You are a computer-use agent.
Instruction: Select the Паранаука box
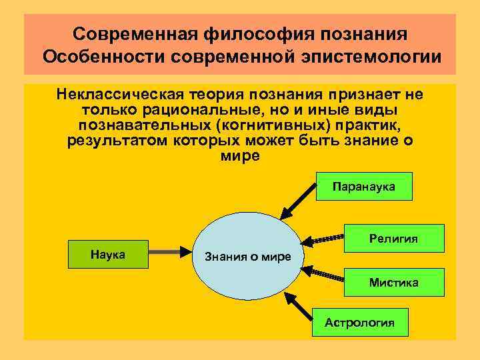coord(364,187)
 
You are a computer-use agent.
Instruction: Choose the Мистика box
coord(394,283)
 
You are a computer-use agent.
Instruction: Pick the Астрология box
coord(360,323)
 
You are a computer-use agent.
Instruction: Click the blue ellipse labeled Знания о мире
coord(247,255)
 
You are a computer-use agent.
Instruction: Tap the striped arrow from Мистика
coord(323,274)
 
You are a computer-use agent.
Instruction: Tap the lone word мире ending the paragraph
coord(239,155)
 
